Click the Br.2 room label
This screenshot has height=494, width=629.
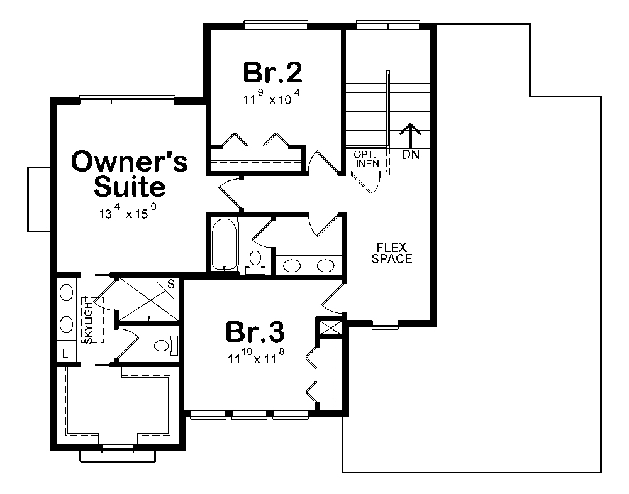coord(272,73)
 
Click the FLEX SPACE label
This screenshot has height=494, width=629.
coord(391,253)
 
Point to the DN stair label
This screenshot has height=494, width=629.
coord(409,154)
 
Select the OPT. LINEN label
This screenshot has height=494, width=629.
coord(365,160)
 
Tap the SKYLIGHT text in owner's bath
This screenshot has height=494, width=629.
coord(89,321)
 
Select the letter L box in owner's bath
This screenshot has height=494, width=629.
coord(65,354)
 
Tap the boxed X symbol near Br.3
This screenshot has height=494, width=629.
coord(330,327)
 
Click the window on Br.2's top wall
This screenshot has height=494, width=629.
coord(276,25)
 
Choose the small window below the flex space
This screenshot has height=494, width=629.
coord(384,325)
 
